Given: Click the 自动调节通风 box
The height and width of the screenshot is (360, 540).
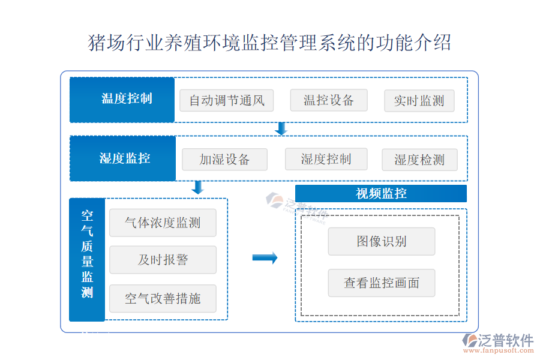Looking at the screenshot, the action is (227, 101).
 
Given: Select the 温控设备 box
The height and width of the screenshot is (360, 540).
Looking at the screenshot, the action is (329, 100).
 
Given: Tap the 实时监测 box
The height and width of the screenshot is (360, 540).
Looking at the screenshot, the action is (419, 101).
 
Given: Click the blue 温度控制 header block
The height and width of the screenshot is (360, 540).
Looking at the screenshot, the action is (122, 100).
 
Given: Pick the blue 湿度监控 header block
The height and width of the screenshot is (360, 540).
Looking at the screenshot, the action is (122, 158).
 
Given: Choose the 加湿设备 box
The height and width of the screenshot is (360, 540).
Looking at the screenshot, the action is (224, 160).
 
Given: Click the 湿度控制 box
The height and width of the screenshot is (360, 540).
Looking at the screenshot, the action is (326, 159).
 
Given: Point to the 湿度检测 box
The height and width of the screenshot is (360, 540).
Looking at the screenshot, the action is (419, 160).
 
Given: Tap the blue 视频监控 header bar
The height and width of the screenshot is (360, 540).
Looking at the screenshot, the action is (381, 194).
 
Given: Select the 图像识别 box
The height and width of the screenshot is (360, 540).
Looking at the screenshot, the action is (382, 241).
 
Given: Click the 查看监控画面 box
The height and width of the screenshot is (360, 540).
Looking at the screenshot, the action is (382, 283).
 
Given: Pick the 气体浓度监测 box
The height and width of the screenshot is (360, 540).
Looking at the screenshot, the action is (163, 223).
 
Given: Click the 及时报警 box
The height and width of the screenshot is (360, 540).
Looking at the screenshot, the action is (163, 260).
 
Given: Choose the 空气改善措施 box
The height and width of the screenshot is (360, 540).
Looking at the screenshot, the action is (163, 299).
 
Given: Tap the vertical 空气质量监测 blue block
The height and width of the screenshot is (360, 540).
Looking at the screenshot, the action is (87, 260).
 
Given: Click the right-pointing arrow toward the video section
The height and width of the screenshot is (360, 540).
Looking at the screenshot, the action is (265, 257).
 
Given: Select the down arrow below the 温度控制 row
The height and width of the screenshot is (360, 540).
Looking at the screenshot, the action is (281, 128).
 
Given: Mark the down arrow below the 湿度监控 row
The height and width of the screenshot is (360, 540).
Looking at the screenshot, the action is (197, 187).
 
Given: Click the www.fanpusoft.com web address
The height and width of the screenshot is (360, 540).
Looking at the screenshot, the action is (499, 350).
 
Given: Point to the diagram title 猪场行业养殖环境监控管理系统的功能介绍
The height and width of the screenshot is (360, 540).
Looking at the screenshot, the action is (269, 43).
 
